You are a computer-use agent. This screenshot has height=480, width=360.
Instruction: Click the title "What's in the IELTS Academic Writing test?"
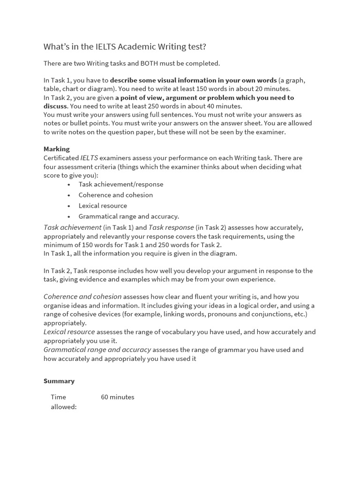pos(125,46)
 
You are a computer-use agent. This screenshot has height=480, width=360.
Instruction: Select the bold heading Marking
pos(57,149)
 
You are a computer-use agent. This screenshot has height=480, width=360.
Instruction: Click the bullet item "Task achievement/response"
pos(121,184)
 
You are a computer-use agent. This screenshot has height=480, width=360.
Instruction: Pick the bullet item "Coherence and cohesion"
pos(116,195)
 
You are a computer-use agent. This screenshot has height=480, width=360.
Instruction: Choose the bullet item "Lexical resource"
pos(103,206)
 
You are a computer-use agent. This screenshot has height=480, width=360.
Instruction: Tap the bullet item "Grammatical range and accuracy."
pos(129,217)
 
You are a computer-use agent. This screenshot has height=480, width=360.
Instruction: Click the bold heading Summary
pos(59,381)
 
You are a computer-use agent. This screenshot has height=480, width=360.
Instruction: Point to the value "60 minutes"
pos(118,397)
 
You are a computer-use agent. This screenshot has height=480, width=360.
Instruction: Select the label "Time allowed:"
pos(63,402)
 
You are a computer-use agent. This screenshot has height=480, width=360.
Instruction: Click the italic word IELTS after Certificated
pos(89,158)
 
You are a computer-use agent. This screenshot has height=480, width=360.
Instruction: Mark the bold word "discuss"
pos(55,106)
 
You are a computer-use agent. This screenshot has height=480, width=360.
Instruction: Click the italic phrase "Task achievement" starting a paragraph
pos(73,227)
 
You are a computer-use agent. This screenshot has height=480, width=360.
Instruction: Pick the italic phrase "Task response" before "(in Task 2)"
pos(171,227)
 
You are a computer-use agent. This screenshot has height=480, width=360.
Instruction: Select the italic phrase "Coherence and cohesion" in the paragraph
pos(82,297)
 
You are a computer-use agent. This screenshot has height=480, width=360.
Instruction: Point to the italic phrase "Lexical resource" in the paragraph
pos(69,332)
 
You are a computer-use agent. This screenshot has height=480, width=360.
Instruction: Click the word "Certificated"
pos(61,158)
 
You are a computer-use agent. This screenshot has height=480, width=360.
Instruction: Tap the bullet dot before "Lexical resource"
pos(69,206)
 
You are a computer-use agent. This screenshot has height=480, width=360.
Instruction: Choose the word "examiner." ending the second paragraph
pos(270,132)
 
